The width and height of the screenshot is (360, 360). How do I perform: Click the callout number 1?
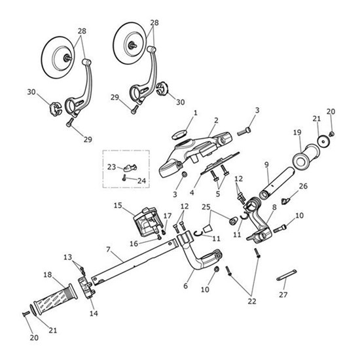195,114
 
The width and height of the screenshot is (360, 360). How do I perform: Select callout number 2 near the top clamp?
215,120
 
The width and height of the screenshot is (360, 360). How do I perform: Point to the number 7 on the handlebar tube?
109,250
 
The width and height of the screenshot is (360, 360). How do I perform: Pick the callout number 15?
118,206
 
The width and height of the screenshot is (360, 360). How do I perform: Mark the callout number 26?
303,187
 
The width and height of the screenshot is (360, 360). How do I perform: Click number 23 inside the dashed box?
111,166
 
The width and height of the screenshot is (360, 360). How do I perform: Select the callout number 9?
267,164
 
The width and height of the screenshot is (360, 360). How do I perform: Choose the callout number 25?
206,208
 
